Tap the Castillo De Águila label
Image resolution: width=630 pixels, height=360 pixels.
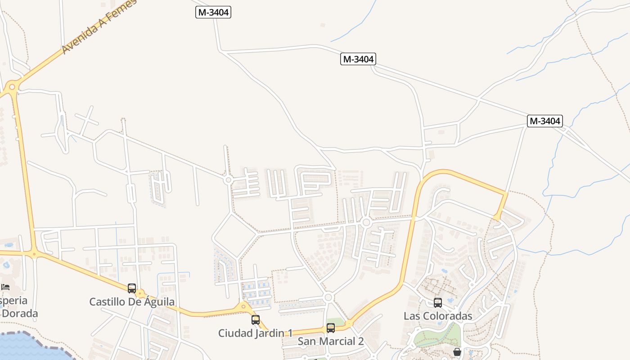click(x=132, y=301)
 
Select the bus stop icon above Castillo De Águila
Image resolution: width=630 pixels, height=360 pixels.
click(x=132, y=288)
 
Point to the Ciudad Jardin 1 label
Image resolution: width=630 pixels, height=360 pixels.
click(x=255, y=333)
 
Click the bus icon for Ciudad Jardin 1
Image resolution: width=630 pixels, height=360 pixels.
click(x=256, y=320)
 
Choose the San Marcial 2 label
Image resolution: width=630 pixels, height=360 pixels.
click(x=331, y=341)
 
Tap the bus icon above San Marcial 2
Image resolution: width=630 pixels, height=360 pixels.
click(x=331, y=328)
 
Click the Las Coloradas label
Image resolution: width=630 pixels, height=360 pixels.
click(x=438, y=316)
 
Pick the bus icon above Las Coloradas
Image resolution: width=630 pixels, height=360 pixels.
click(x=438, y=303)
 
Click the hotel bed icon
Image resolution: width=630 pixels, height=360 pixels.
click(x=5, y=287)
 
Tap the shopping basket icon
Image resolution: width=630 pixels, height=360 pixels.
click(x=457, y=352)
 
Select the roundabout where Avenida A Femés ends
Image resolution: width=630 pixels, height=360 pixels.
click(x=12, y=86)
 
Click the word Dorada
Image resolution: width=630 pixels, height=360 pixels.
click(x=19, y=313)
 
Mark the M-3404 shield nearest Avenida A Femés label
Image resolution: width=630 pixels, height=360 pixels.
click(x=213, y=12)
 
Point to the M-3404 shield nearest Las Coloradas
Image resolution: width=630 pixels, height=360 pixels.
click(x=545, y=121)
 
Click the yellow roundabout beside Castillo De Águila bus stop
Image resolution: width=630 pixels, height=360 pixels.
click(x=141, y=294)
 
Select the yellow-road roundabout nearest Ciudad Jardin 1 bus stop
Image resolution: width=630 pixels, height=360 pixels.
click(x=244, y=307)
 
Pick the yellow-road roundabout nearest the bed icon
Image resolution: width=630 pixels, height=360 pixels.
click(x=34, y=254)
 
